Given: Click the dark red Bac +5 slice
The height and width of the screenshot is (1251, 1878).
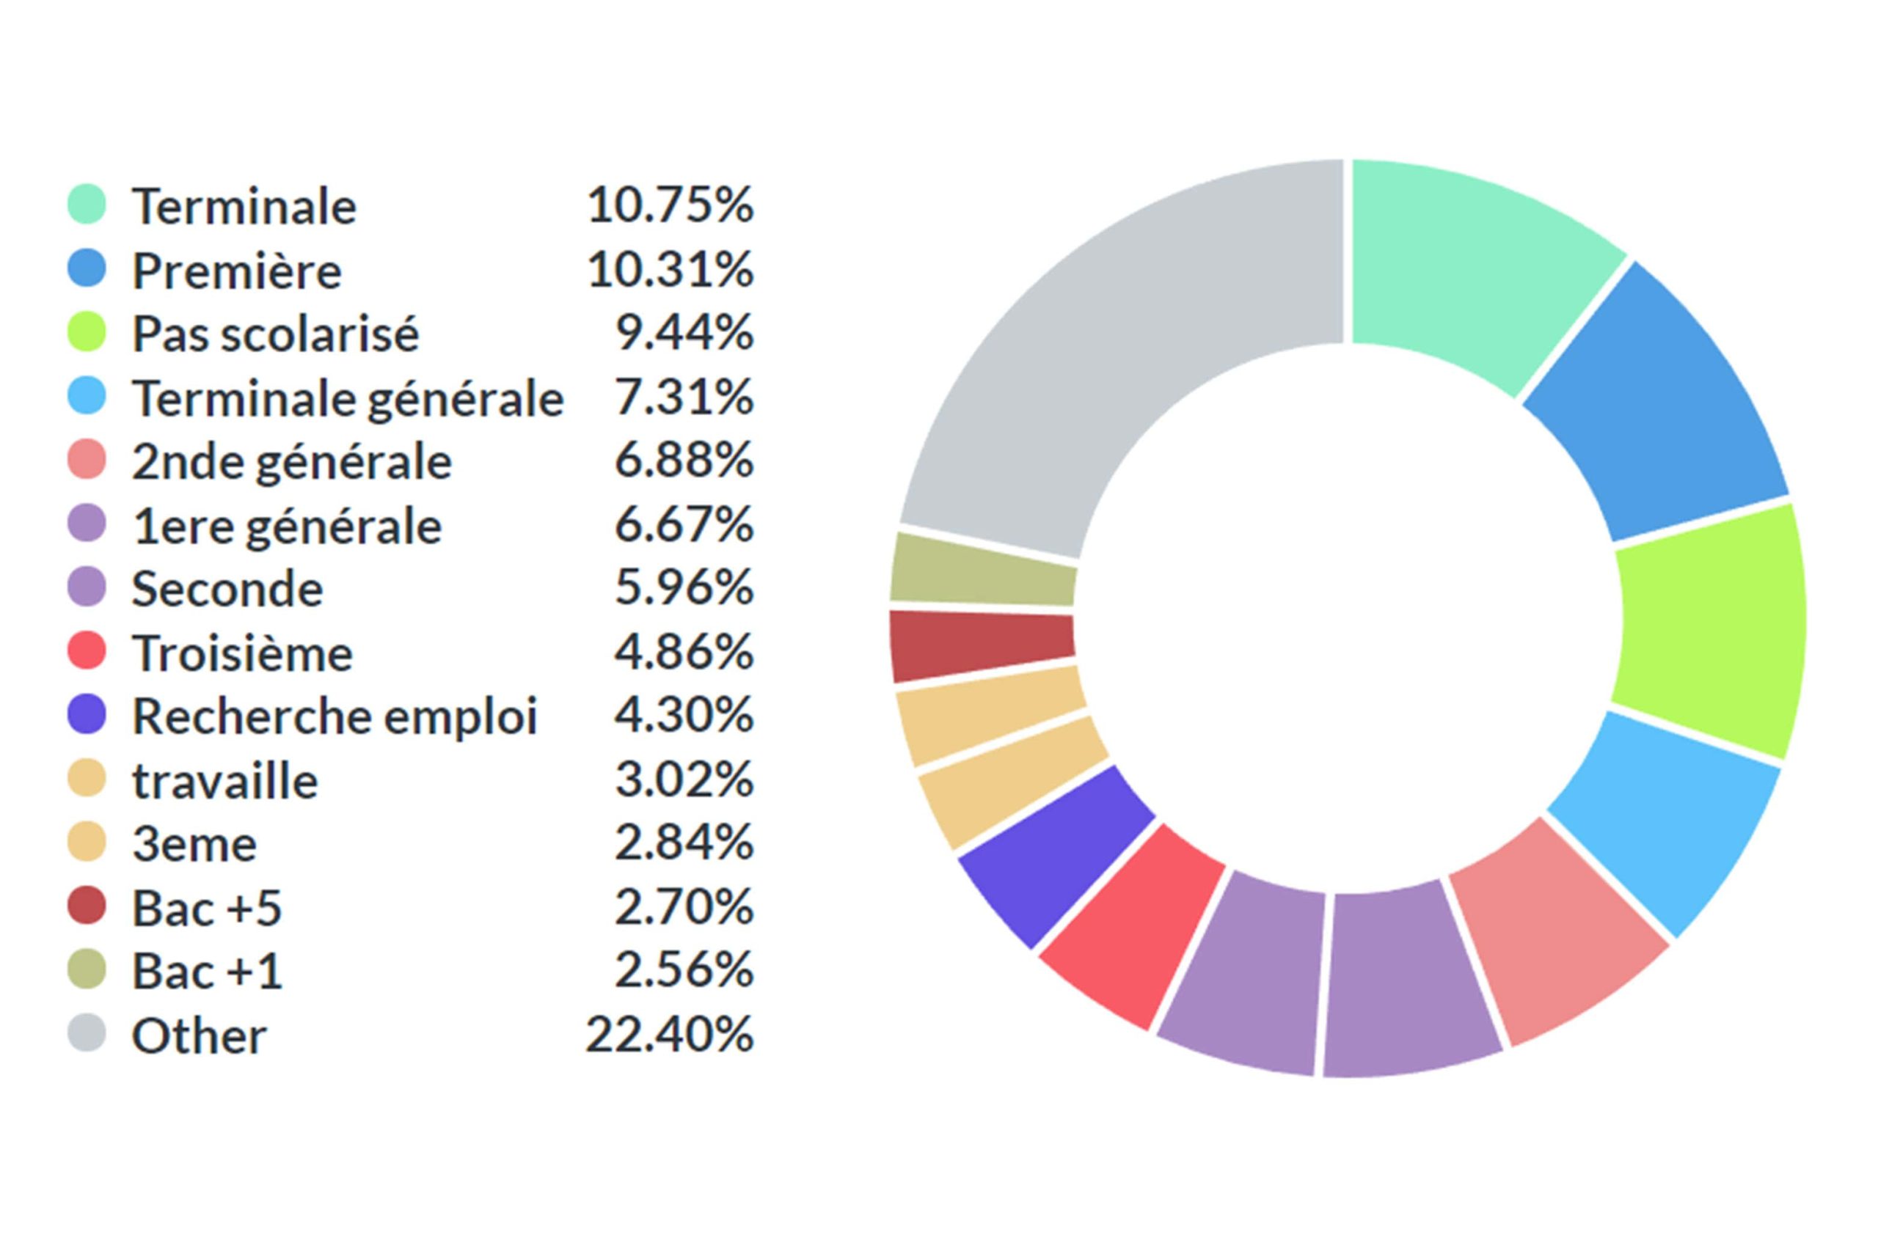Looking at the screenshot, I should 982,645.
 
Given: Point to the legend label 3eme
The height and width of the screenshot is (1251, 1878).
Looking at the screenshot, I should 194,844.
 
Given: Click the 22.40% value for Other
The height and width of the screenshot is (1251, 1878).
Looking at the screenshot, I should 669,1035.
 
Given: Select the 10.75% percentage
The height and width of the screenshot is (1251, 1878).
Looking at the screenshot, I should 669,205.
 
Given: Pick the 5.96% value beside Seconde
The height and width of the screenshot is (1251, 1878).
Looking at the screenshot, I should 683,588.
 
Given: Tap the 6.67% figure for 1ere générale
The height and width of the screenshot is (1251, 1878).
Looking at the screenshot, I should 683,524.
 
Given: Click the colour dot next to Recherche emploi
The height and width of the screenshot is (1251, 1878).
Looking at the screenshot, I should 87,715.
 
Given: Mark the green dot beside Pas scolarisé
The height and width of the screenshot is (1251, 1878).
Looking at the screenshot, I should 87,332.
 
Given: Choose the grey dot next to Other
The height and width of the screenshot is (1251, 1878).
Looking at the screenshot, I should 87,1033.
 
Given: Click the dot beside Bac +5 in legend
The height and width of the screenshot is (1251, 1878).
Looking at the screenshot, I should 87,906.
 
